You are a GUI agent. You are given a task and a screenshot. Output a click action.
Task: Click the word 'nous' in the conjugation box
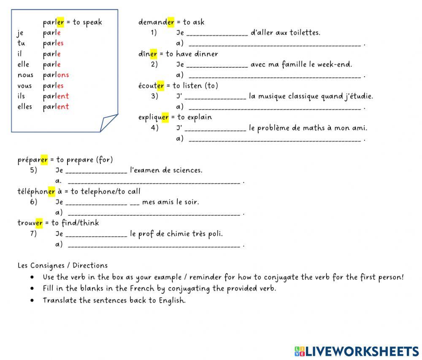tap(25, 75)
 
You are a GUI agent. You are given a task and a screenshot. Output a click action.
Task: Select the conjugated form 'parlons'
tap(56, 75)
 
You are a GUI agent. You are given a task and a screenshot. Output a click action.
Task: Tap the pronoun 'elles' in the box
tap(25, 107)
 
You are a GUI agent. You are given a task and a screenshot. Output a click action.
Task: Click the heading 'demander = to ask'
tap(171, 22)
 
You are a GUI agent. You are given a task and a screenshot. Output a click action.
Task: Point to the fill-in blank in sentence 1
tap(217, 33)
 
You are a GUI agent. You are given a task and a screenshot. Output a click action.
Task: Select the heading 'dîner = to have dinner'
tap(178, 54)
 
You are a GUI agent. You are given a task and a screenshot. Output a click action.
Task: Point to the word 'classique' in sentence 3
tap(304, 96)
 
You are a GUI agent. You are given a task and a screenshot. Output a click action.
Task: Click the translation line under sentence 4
tap(275, 140)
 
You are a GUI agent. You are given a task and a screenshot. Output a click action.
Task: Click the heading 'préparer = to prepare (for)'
tap(65, 160)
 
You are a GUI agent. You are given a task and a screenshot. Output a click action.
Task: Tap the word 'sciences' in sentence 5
tap(189, 170)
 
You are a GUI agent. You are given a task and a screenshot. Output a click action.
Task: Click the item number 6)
tap(34, 202)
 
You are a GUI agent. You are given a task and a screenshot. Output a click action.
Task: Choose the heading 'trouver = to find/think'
tap(58, 223)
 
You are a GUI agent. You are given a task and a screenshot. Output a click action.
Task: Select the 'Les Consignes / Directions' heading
tap(62, 266)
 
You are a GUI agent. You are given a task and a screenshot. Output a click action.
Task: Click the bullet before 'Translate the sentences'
tap(32, 301)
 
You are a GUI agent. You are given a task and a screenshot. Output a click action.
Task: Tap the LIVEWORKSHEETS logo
tap(357, 351)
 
